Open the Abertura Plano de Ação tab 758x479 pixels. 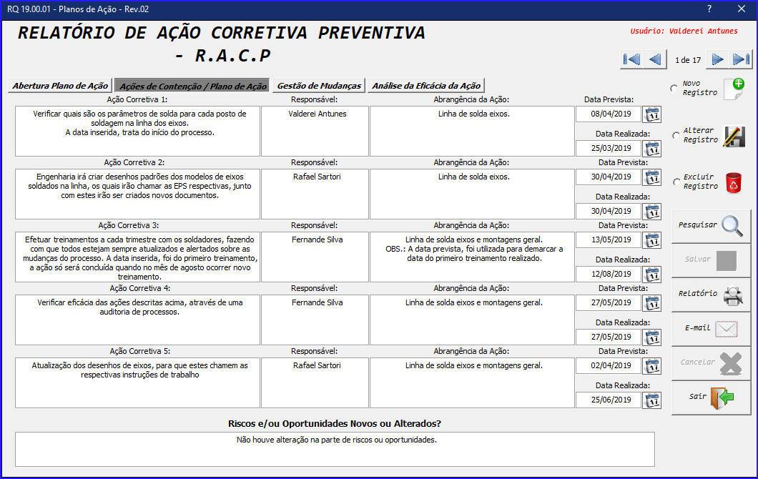[60, 86]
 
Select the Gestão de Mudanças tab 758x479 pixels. [319, 86]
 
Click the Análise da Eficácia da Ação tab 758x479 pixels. [426, 86]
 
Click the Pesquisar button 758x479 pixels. [711, 225]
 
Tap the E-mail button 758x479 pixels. [711, 328]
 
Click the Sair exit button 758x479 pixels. [711, 397]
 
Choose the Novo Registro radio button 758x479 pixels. [674, 89]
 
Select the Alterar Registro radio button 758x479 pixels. [675, 135]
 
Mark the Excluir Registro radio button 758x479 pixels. [675, 182]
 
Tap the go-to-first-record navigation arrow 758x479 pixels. [631, 59]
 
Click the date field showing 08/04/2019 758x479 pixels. [609, 114]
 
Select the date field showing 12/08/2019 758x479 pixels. [609, 275]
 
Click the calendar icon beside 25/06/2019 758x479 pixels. [652, 400]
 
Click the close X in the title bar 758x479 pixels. [741, 9]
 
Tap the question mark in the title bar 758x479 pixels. [709, 9]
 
